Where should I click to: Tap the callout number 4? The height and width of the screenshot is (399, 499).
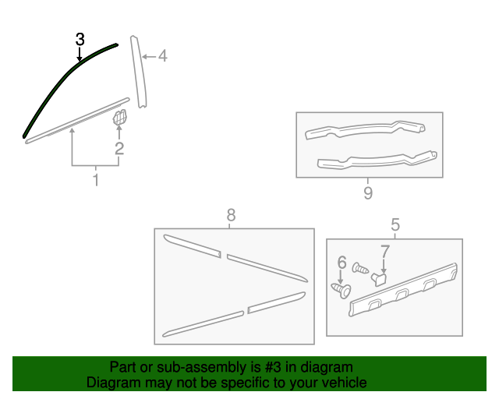point(162,55)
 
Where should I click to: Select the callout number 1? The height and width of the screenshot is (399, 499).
point(96,181)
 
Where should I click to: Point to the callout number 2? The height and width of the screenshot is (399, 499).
point(119,148)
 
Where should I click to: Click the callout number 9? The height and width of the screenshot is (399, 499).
point(368,192)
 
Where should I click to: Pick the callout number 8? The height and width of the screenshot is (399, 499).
point(230,214)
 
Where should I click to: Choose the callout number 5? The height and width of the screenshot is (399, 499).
point(395,225)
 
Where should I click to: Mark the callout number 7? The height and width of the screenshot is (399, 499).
point(384,251)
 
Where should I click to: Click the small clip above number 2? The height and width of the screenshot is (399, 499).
point(120,118)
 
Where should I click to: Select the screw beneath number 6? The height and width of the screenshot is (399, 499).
point(340,290)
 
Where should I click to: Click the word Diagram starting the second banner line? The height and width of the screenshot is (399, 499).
point(111,383)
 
